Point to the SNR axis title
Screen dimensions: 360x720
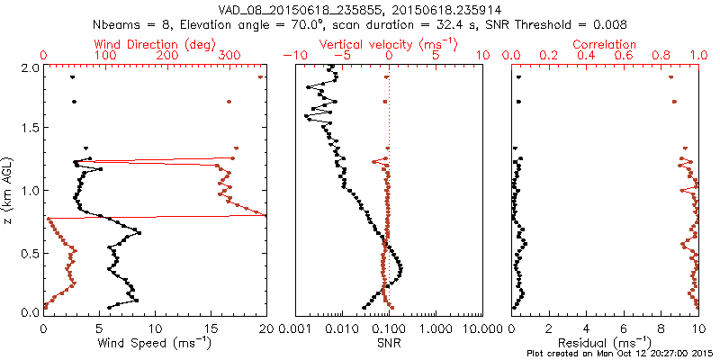tap(389, 342)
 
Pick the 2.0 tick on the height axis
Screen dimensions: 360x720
tap(30, 67)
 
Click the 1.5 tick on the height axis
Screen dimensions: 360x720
tap(30, 129)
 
